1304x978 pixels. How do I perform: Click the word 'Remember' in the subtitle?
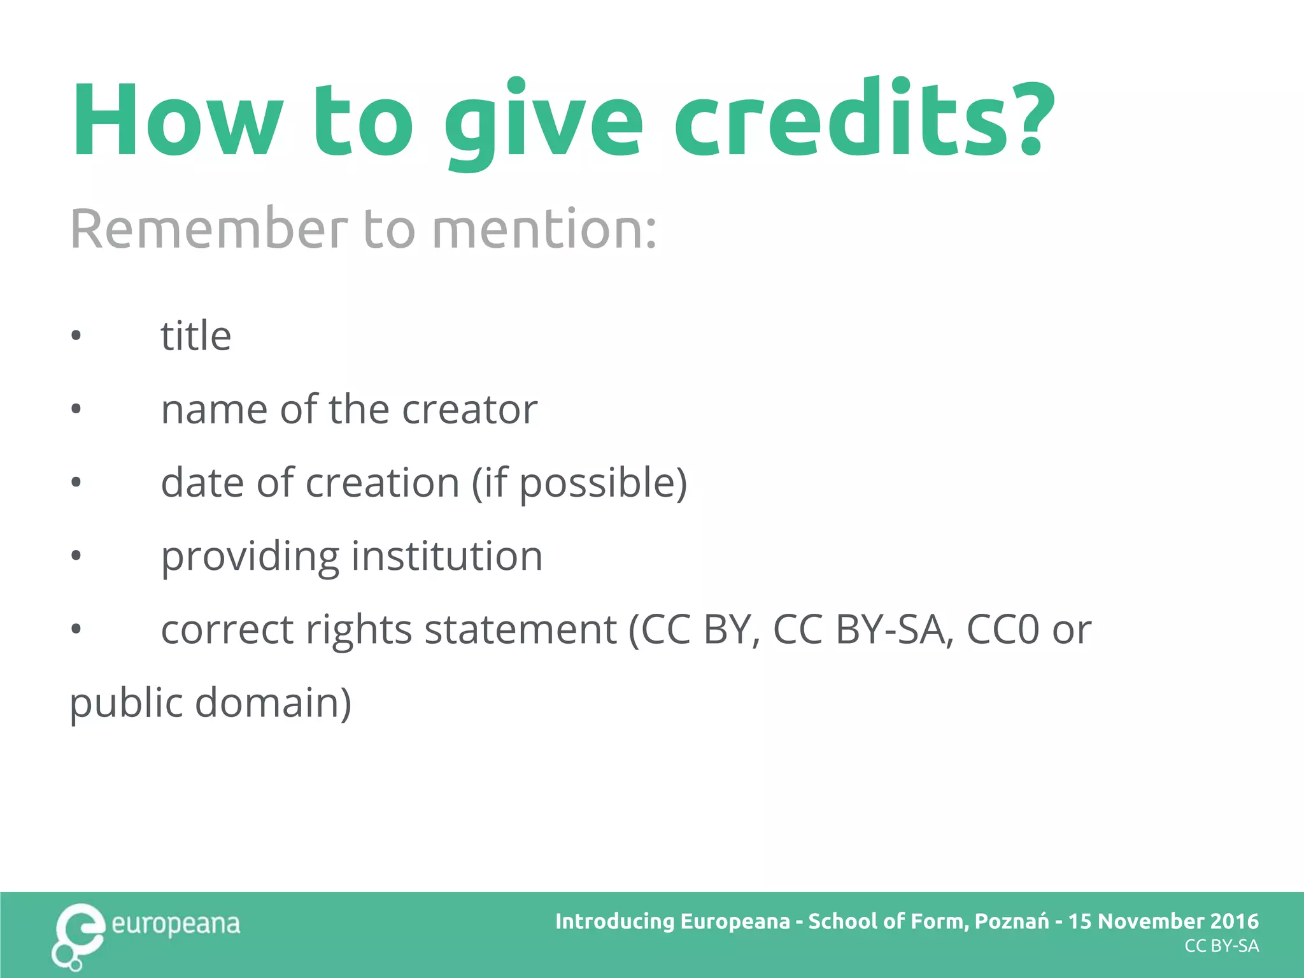pyautogui.click(x=209, y=229)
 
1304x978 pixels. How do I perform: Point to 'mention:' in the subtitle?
pyautogui.click(x=544, y=229)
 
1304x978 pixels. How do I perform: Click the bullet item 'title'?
pyautogui.click(x=195, y=336)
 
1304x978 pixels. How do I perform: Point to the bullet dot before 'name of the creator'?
pyautogui.click(x=76, y=409)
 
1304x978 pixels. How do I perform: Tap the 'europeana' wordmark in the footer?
pyautogui.click(x=176, y=924)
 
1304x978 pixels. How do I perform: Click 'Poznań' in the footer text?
pyautogui.click(x=1011, y=921)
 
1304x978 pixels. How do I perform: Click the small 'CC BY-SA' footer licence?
pyautogui.click(x=1221, y=946)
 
